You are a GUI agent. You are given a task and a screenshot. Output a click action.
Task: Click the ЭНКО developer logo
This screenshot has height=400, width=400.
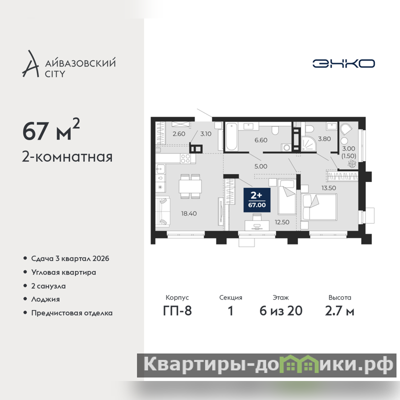(x=343, y=63)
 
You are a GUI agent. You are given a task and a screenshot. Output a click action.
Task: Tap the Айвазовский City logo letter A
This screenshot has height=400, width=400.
(x=30, y=64)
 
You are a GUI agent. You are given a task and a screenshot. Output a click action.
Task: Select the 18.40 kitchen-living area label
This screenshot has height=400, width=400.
(x=189, y=213)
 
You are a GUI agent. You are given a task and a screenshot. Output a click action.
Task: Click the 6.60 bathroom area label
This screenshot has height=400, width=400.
(x=260, y=140)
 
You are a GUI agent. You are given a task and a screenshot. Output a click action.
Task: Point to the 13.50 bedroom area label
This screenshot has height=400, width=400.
(x=328, y=188)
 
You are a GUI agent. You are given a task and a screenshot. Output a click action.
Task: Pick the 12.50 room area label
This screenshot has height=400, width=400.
(x=282, y=222)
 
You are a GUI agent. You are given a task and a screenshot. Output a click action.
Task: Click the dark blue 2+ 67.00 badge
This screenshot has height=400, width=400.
(x=257, y=200)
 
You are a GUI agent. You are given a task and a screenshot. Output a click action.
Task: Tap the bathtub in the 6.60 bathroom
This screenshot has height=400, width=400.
(x=231, y=136)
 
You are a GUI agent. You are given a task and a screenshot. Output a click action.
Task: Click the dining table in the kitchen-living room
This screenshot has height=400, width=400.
(x=190, y=186)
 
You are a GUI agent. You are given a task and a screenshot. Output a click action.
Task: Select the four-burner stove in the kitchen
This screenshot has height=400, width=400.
(x=185, y=158)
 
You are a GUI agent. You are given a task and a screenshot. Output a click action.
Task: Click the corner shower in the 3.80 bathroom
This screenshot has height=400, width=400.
(x=309, y=143)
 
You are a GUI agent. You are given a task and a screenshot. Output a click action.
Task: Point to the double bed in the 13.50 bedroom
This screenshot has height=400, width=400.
(x=319, y=207)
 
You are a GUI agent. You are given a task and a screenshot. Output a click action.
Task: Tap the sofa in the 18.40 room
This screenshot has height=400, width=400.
(x=163, y=211)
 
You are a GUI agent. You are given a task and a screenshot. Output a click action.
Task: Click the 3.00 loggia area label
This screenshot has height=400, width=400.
(x=348, y=148)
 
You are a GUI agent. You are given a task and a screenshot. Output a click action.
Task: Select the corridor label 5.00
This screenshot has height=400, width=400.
(x=260, y=166)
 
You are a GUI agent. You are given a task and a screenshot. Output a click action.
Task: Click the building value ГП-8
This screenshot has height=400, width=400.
(x=177, y=310)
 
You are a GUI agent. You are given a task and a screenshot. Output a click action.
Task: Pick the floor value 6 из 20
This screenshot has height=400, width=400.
(x=281, y=310)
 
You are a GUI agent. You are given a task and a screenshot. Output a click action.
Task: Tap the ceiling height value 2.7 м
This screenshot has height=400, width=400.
(x=339, y=310)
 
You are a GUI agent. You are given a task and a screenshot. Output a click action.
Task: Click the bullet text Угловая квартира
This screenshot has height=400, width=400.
(x=63, y=272)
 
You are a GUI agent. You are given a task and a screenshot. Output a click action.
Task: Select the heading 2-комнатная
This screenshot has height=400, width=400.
(x=67, y=157)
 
